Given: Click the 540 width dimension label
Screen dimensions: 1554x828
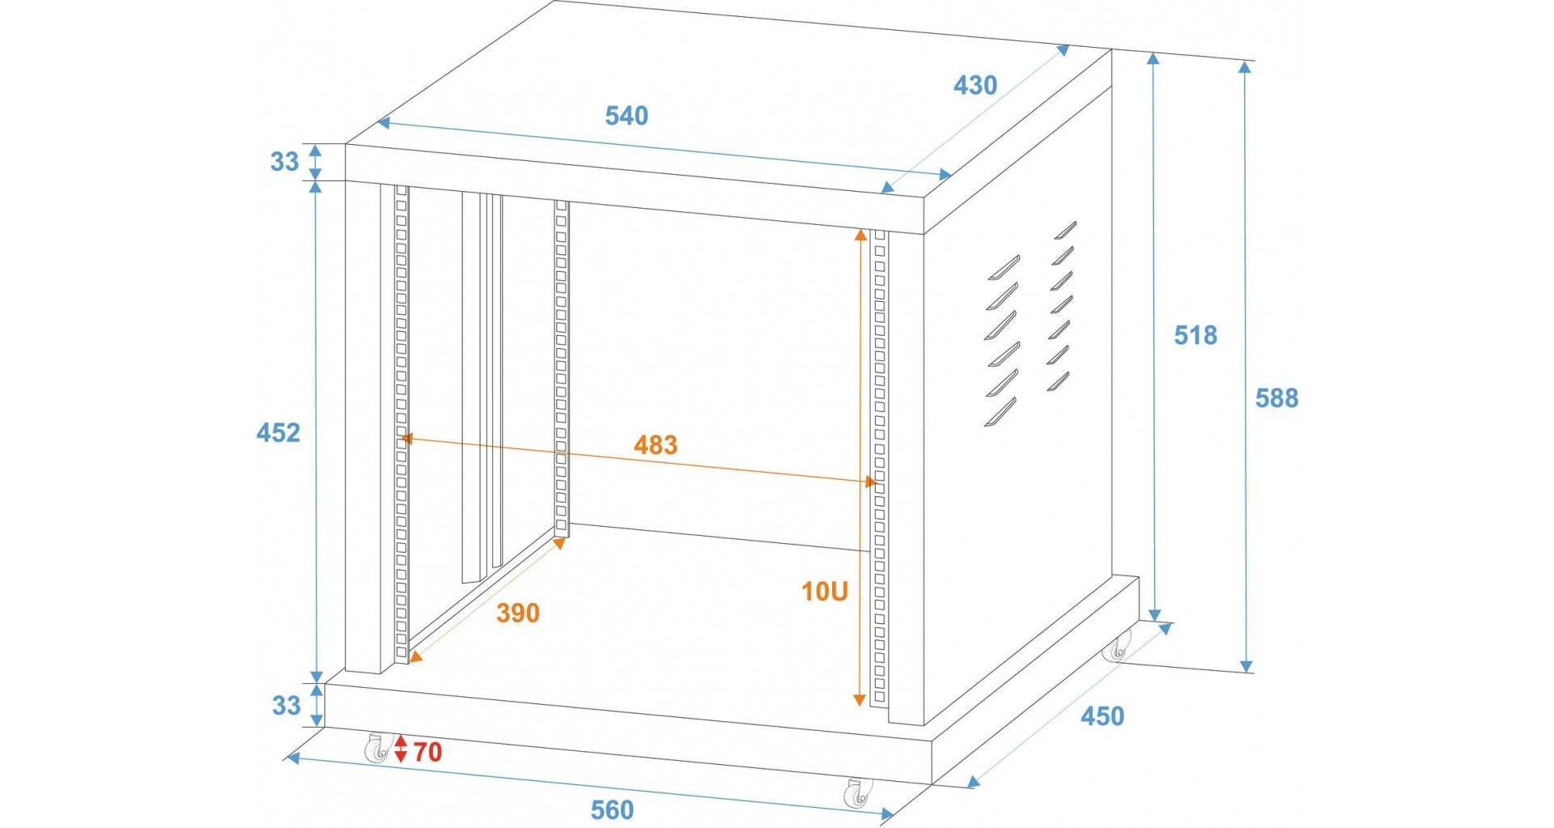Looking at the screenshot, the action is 626,116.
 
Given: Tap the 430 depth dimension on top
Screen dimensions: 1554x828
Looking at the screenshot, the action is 975,85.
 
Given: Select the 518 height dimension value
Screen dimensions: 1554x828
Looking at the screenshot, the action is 1195,335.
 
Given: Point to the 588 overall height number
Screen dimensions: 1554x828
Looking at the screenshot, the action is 1276,398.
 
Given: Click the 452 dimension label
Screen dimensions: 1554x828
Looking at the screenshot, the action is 278,433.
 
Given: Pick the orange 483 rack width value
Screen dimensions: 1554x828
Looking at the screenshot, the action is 656,445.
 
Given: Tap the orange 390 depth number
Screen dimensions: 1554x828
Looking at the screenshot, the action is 518,614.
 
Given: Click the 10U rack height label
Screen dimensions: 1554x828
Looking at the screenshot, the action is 825,592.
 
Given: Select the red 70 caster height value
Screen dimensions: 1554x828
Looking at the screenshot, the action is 428,752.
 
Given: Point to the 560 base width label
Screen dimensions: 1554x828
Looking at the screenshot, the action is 612,810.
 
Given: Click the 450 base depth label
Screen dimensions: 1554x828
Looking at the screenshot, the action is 1102,716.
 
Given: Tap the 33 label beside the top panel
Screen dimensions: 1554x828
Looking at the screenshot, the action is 285,162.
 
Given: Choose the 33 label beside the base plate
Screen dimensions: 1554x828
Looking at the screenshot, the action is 286,706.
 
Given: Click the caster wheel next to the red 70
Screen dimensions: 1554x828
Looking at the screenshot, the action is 376,748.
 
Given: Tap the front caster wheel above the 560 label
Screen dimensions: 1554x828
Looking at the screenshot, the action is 858,793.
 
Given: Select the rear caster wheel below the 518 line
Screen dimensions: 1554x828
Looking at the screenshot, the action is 1119,646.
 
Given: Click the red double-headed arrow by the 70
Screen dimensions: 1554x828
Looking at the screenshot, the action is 401,749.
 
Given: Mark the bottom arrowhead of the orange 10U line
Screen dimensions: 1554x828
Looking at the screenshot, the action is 860,699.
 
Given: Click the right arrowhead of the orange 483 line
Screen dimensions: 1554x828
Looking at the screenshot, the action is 871,482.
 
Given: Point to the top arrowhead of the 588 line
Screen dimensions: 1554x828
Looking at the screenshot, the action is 1246,67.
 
